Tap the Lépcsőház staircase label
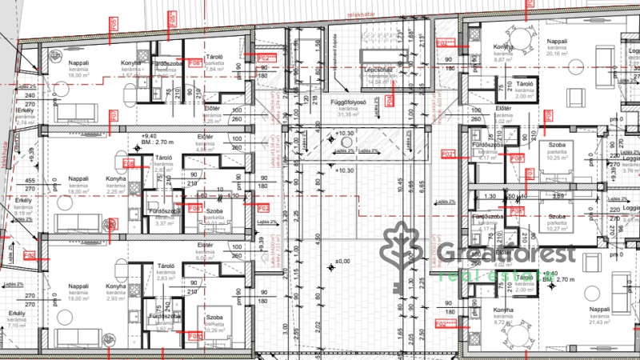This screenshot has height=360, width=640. point(377,70)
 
